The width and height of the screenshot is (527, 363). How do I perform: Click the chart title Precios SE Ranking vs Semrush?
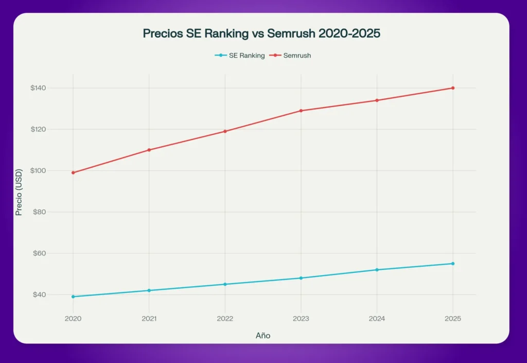coord(261,34)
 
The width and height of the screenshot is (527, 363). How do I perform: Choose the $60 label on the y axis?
coord(39,253)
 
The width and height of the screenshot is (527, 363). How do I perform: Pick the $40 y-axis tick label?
coord(39,295)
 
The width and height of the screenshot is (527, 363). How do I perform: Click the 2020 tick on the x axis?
coord(73,319)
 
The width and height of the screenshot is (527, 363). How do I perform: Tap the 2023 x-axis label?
coord(301,319)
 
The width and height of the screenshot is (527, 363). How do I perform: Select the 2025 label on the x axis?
coord(452,319)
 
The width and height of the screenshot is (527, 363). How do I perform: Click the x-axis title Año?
coord(263,336)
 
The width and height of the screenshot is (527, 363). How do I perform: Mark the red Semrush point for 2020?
coord(73,172)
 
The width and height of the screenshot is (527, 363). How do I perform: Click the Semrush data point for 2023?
coord(301,111)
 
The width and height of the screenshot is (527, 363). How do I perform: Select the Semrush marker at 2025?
coord(453,88)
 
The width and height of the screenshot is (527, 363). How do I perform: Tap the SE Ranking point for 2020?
coord(73,297)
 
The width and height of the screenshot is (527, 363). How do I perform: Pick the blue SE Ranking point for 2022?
coord(225,284)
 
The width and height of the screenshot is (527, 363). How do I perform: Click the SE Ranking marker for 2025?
coord(453,264)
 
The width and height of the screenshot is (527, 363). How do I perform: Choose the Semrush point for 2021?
coord(149,150)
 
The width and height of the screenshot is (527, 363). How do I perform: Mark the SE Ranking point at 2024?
coord(377,270)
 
